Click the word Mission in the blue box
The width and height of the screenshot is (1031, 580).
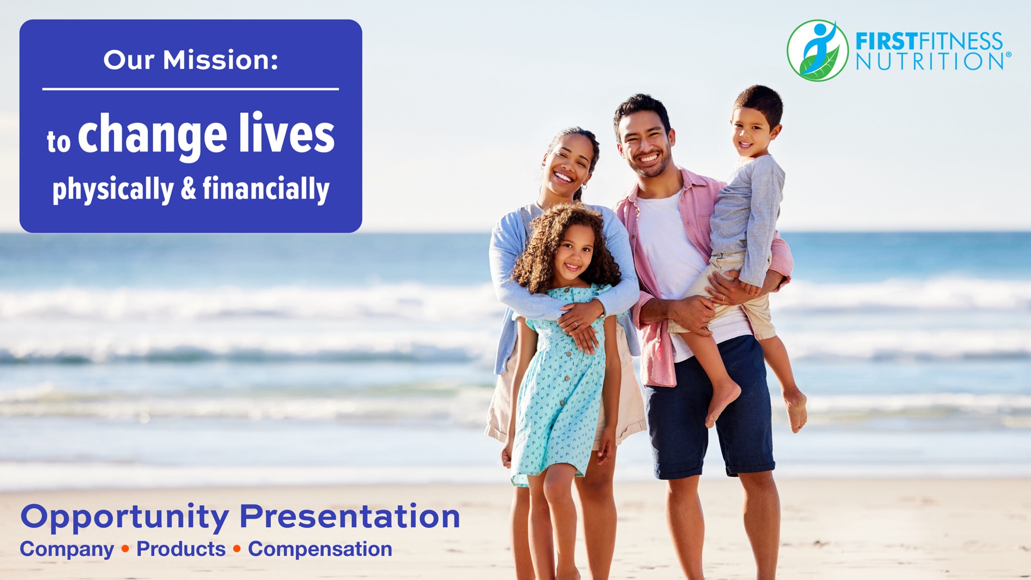(x=220, y=60)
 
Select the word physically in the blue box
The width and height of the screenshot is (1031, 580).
(x=113, y=190)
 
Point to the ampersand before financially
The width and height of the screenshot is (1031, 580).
(x=188, y=189)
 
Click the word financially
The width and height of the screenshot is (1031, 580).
(x=266, y=190)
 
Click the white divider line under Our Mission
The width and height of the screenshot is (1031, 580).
(x=191, y=89)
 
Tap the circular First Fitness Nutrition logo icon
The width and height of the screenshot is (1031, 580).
(x=817, y=50)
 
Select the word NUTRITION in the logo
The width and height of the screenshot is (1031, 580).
(x=931, y=61)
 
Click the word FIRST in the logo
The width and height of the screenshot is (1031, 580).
(x=886, y=41)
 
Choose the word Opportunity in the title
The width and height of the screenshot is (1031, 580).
(x=125, y=517)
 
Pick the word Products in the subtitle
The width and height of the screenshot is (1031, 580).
(x=181, y=549)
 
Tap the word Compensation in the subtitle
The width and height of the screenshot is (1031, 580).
(x=320, y=549)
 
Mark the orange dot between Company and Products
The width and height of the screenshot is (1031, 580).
(x=125, y=549)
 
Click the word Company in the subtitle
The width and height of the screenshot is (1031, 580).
(x=67, y=549)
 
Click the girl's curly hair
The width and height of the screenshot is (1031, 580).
(x=564, y=244)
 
